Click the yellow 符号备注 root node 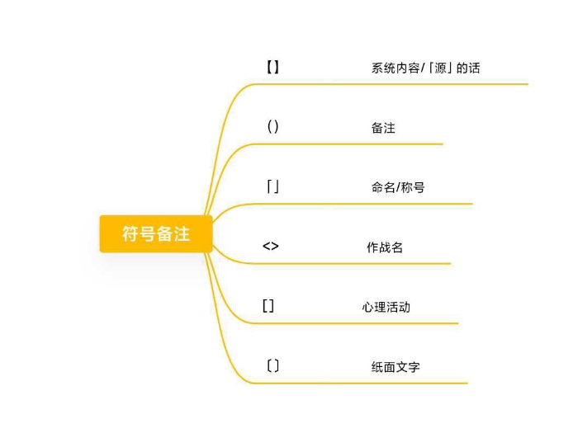tap(156, 233)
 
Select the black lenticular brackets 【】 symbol tap(272, 68)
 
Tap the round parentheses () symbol tap(272, 127)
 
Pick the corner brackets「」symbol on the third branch tap(272, 186)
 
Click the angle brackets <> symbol tap(271, 247)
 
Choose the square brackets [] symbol tap(268, 306)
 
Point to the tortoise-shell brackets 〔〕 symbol tap(272, 366)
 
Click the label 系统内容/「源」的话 tap(426, 68)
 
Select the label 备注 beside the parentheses tap(383, 128)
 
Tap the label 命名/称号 tap(398, 187)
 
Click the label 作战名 tap(385, 247)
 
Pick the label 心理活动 tap(386, 307)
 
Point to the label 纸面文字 tap(396, 367)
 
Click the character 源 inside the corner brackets tap(440, 68)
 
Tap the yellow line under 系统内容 tap(391, 84)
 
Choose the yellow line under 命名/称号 tap(362, 204)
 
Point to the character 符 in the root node tap(130, 233)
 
